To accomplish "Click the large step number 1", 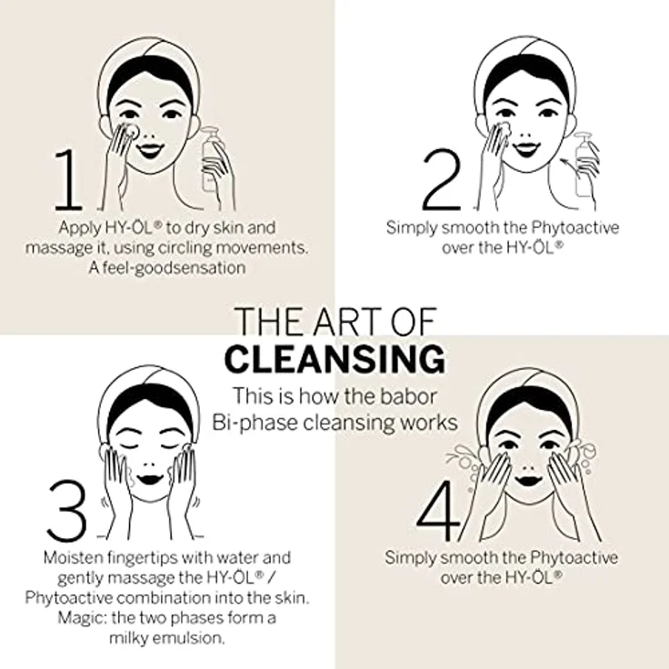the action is click(x=68, y=179).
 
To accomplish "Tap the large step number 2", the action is click(x=442, y=179).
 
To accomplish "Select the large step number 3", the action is click(x=67, y=510).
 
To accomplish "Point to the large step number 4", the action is click(x=438, y=511).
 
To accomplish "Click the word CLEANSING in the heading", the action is click(x=334, y=359).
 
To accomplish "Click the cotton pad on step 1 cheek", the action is click(x=129, y=131).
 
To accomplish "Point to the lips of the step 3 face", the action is click(x=151, y=479).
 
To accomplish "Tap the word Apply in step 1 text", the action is click(x=74, y=228).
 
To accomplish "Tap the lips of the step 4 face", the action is click(x=529, y=480).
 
